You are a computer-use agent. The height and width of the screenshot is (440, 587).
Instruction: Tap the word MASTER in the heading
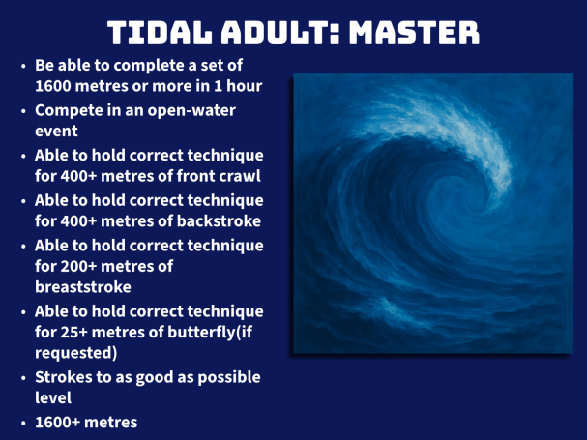[x=414, y=32]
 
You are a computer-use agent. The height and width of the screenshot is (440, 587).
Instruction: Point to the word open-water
[x=191, y=111]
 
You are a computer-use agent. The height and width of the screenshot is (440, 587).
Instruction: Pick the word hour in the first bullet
[x=245, y=86]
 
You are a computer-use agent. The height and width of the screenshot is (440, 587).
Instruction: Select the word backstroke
[x=219, y=220]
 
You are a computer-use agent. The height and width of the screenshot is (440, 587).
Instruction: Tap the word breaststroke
[x=83, y=287]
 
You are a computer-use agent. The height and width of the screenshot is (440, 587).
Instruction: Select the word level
[x=53, y=397]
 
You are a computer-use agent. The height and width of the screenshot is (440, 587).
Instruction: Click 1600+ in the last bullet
[x=57, y=423]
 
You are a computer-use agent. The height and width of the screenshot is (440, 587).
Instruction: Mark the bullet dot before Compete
[x=24, y=111]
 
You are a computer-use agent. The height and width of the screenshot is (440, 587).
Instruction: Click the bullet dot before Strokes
[x=24, y=378]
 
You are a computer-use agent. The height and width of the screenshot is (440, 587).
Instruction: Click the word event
[x=56, y=132]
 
